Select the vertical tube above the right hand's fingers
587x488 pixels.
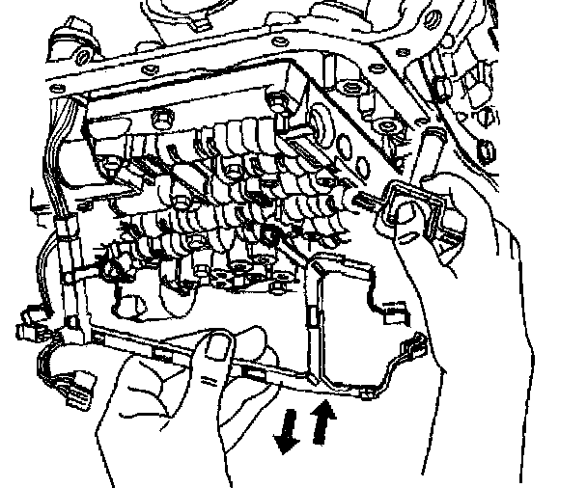428,154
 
